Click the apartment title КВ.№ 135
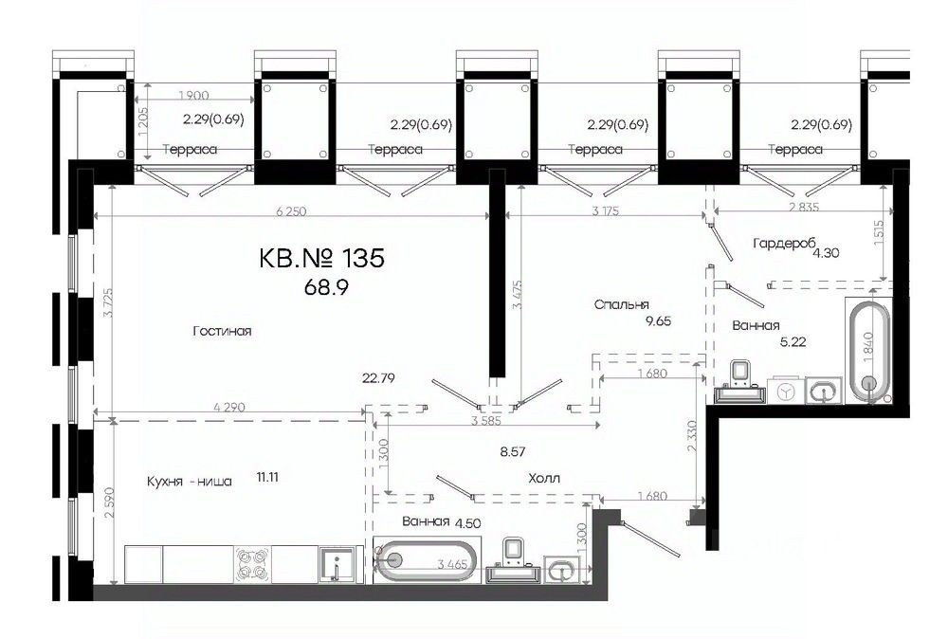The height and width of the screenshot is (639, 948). (x=321, y=259)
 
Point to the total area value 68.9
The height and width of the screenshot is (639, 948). (x=326, y=287)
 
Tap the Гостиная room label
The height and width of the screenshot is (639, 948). (x=222, y=331)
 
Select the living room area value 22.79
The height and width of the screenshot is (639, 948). (x=378, y=378)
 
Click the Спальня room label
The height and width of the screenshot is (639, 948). (x=622, y=304)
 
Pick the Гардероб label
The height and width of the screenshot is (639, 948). (x=784, y=243)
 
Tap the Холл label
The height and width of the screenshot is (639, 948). (x=544, y=478)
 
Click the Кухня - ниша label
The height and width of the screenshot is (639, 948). (x=190, y=482)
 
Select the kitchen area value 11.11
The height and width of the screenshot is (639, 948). (x=267, y=477)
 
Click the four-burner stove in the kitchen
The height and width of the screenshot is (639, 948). (x=252, y=564)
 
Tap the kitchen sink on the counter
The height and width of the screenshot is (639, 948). (x=337, y=564)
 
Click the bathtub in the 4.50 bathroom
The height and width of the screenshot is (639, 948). (x=427, y=560)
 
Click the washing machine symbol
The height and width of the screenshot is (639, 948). (x=785, y=392)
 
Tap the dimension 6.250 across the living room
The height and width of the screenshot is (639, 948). (x=291, y=211)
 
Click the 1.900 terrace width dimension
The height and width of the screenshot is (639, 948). (x=194, y=95)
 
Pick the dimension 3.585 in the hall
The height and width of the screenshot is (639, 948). (x=486, y=421)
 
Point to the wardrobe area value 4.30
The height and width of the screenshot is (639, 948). (x=826, y=253)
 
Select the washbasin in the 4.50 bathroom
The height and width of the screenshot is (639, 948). (x=561, y=570)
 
